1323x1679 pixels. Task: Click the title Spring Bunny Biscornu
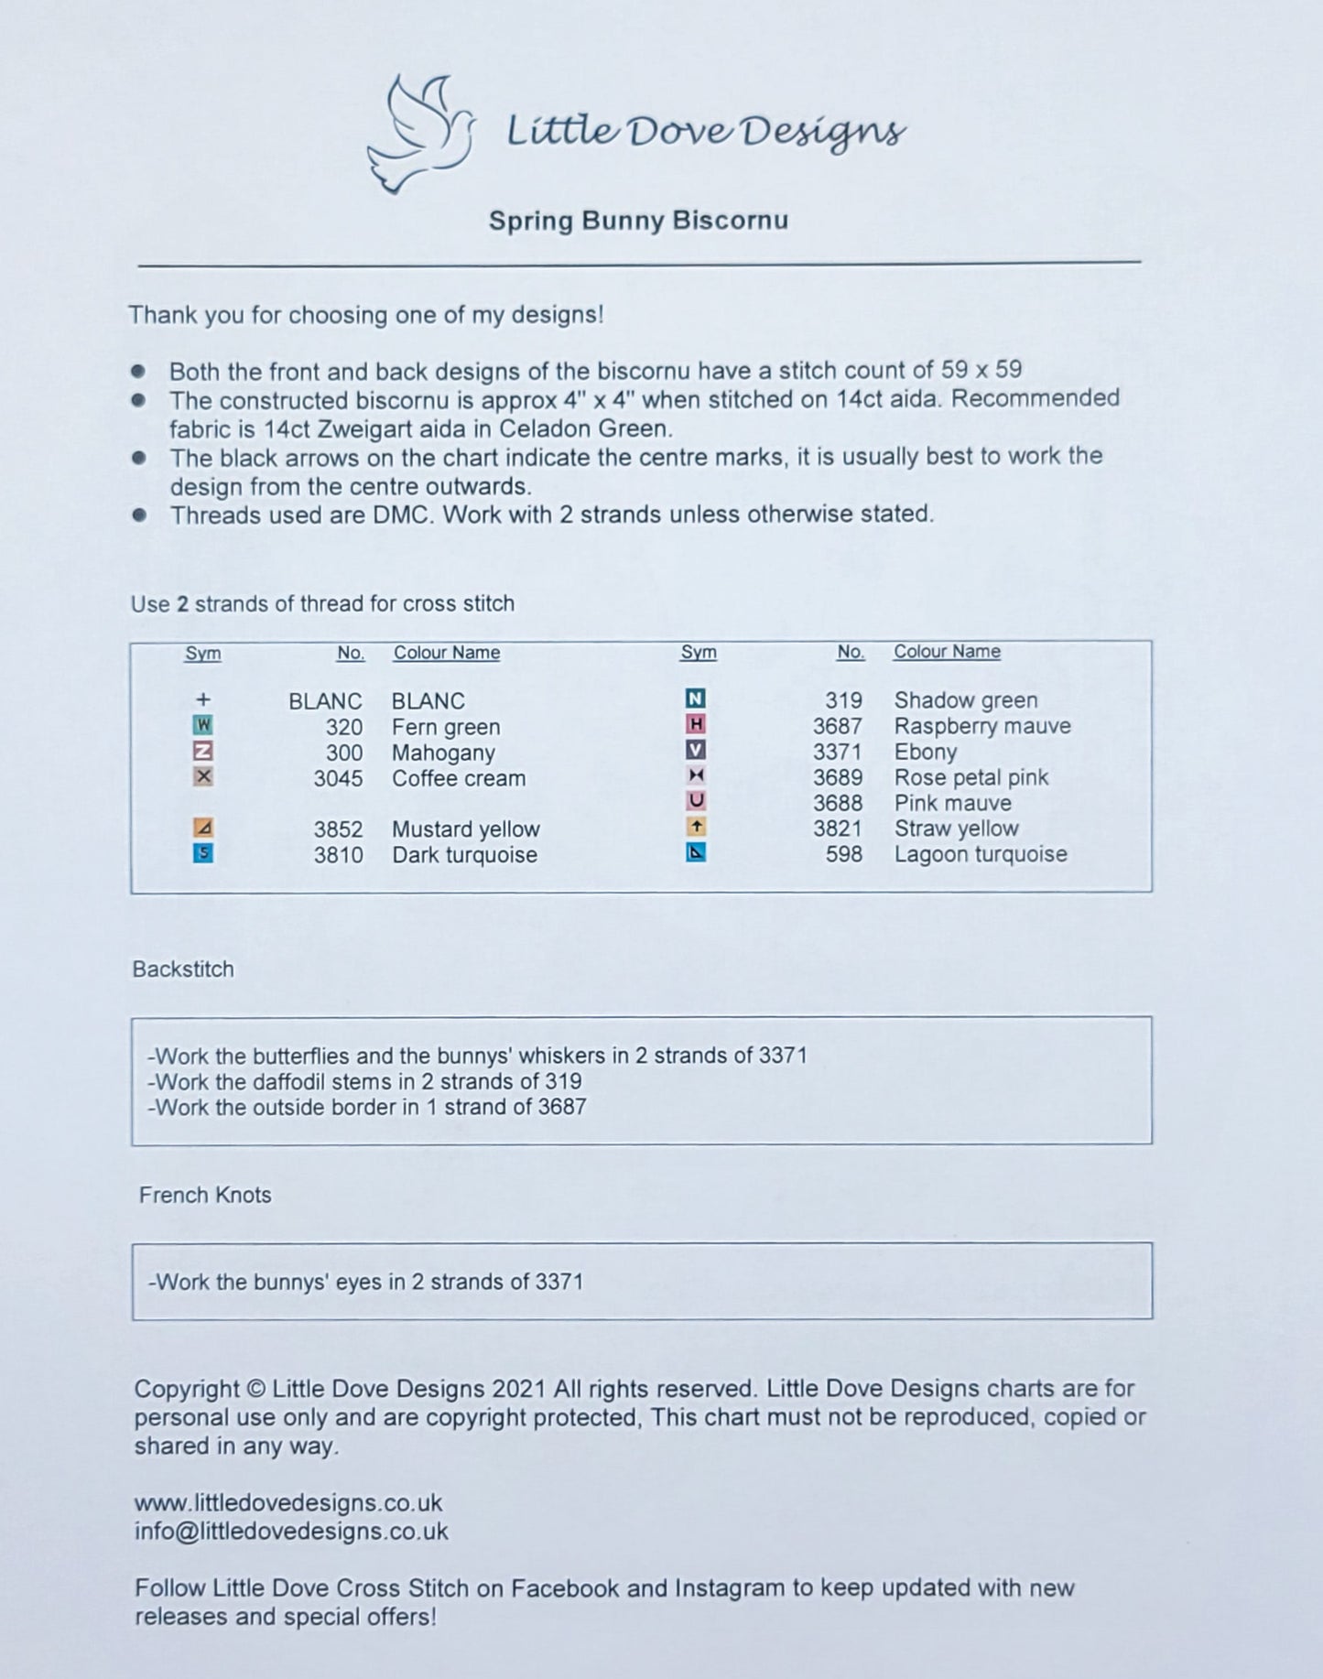pyautogui.click(x=638, y=221)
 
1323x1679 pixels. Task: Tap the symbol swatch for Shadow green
pyautogui.click(x=696, y=699)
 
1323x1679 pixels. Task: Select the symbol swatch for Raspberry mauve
pyautogui.click(x=696, y=725)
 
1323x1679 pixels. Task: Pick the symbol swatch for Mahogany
pyautogui.click(x=203, y=752)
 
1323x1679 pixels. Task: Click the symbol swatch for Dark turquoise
pyautogui.click(x=203, y=854)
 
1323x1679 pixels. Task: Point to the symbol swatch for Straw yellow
pyautogui.click(x=696, y=828)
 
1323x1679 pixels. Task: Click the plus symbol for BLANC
pyautogui.click(x=203, y=700)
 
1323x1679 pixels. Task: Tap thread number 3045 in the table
pyautogui.click(x=338, y=778)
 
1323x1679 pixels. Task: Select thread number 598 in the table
pyautogui.click(x=843, y=854)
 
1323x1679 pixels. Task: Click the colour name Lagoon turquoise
pyautogui.click(x=980, y=854)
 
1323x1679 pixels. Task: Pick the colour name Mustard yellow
pyautogui.click(x=465, y=829)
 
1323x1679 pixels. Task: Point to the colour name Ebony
pyautogui.click(x=925, y=752)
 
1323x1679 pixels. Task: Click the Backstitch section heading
pyautogui.click(x=183, y=969)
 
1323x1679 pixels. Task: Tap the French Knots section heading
pyautogui.click(x=205, y=1195)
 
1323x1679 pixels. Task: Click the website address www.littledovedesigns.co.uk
pyautogui.click(x=288, y=1502)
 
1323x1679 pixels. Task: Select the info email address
pyautogui.click(x=291, y=1532)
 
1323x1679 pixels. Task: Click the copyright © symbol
pyautogui.click(x=255, y=1389)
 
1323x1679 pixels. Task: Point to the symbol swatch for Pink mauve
pyautogui.click(x=696, y=801)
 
